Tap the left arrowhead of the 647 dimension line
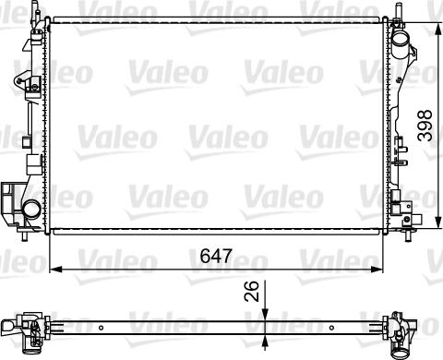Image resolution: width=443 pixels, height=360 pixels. pos(54,269)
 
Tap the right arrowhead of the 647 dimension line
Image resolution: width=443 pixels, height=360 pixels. pos(378,269)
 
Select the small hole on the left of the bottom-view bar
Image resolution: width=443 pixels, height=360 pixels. pos(100,325)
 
